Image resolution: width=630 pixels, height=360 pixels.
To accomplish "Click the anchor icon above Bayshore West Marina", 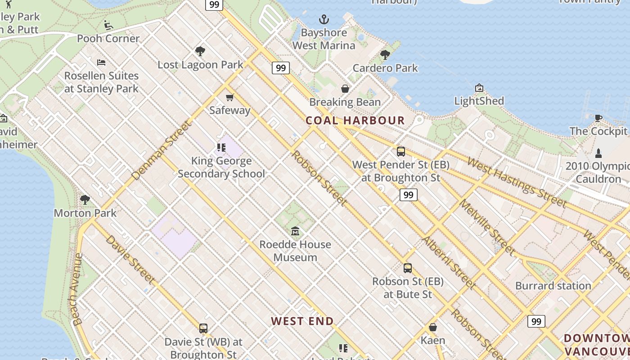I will click(324, 19).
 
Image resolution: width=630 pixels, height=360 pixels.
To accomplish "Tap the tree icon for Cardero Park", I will click(385, 55).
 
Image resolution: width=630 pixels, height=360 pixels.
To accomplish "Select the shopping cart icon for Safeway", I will click(230, 97).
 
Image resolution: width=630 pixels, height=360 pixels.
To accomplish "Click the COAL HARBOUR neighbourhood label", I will click(355, 121).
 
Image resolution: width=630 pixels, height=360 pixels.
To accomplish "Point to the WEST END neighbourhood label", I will click(302, 321).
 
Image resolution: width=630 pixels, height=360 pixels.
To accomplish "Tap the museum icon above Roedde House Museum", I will click(295, 231).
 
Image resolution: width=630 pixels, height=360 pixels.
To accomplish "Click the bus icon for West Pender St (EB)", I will click(400, 152).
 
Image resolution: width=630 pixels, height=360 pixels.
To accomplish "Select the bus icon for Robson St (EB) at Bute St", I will click(408, 268).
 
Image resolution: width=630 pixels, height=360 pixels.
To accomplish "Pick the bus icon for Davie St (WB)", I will click(203, 328).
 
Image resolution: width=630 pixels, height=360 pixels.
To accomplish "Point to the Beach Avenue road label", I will click(77, 289).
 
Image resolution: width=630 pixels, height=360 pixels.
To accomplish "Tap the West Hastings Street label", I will click(517, 182).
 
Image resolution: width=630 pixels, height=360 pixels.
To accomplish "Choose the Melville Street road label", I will click(486, 227).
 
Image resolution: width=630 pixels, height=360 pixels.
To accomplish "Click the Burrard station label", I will click(553, 286).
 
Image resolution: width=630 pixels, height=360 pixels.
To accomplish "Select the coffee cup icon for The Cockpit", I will click(598, 118).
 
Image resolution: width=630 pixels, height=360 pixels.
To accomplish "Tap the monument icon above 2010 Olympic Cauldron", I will click(598, 153).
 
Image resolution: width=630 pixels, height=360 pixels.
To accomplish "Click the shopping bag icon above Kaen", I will click(433, 327).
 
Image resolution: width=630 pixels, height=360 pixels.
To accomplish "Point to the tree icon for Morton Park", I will click(85, 199).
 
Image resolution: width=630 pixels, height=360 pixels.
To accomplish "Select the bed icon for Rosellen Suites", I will click(101, 62).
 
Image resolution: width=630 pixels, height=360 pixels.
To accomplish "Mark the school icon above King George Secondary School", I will click(221, 147).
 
